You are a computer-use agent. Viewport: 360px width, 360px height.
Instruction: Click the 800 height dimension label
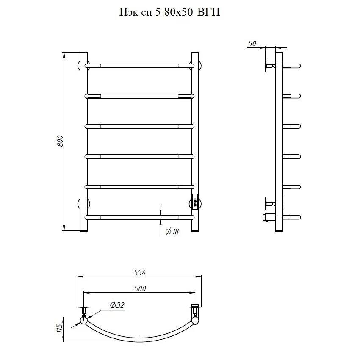pos(60,141)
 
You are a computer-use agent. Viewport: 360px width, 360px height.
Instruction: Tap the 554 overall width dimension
pos(140,272)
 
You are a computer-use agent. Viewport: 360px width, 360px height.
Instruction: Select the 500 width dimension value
pos(140,288)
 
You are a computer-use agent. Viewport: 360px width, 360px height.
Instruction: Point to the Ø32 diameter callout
pos(117,305)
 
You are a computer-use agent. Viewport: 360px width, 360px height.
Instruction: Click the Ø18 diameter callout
pos(172,231)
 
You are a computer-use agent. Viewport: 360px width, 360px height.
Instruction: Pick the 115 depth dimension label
pos(59,329)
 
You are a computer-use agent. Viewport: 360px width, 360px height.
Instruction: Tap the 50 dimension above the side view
pos(252,43)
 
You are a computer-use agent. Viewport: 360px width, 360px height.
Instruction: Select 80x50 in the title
pos(178,12)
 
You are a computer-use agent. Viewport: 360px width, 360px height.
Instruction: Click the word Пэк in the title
pos(128,12)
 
